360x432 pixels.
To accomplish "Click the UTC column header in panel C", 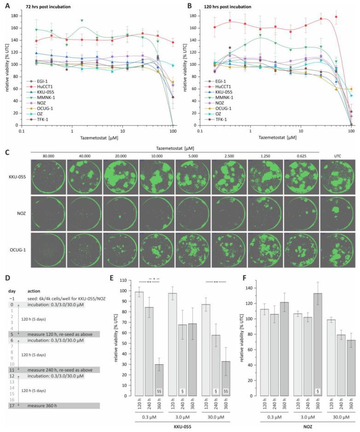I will point(338,155).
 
